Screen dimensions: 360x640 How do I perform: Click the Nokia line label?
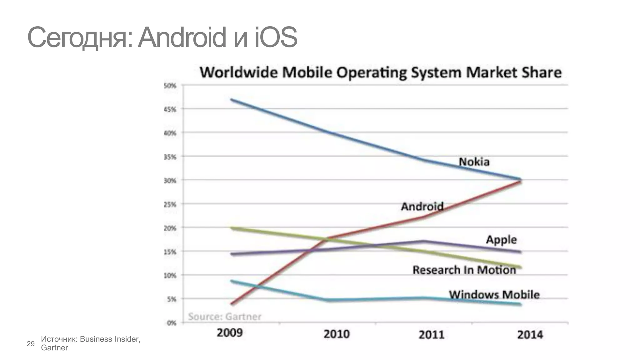(474, 162)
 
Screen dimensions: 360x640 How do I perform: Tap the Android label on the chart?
(422, 207)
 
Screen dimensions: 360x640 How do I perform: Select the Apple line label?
(501, 240)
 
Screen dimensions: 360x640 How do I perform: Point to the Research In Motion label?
(464, 270)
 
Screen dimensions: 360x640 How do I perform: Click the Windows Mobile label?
(494, 295)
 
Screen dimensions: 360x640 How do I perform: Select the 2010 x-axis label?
(336, 334)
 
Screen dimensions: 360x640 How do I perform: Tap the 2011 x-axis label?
(432, 335)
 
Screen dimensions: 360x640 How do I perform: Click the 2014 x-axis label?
(530, 335)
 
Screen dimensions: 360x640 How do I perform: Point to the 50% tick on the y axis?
(170, 86)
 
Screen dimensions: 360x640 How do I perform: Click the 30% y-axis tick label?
(170, 181)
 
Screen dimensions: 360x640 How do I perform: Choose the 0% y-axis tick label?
(172, 323)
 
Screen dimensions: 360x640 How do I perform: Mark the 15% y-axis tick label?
(170, 252)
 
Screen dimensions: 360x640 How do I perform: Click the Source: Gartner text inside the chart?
(224, 317)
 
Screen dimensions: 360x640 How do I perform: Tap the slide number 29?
(31, 344)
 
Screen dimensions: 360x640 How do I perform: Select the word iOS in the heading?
(276, 37)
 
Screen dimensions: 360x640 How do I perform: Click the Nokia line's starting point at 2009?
(232, 100)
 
